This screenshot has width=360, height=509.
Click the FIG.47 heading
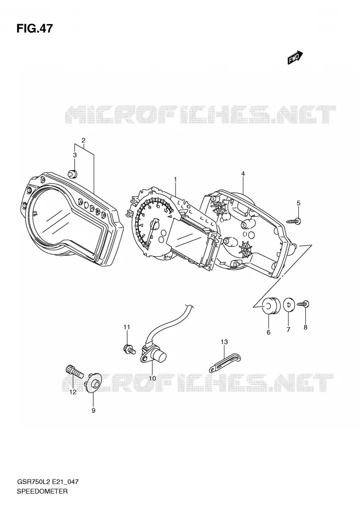click(x=34, y=28)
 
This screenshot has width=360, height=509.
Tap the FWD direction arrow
click(x=295, y=57)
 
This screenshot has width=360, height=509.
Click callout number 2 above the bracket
click(x=83, y=140)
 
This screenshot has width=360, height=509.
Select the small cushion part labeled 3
click(x=72, y=173)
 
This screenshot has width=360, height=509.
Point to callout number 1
click(x=175, y=179)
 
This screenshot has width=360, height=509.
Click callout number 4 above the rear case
click(x=243, y=173)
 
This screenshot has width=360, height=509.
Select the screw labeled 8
click(x=303, y=304)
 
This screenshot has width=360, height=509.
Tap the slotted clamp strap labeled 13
click(x=225, y=363)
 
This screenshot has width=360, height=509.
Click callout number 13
click(x=224, y=342)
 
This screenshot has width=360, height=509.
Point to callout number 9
click(x=93, y=410)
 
